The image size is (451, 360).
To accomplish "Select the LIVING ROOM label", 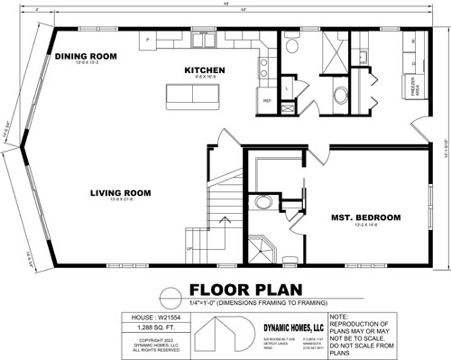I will [x=119, y=192].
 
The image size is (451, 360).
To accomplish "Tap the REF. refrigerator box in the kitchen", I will [x=267, y=100].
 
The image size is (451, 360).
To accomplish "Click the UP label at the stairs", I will [x=189, y=248].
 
